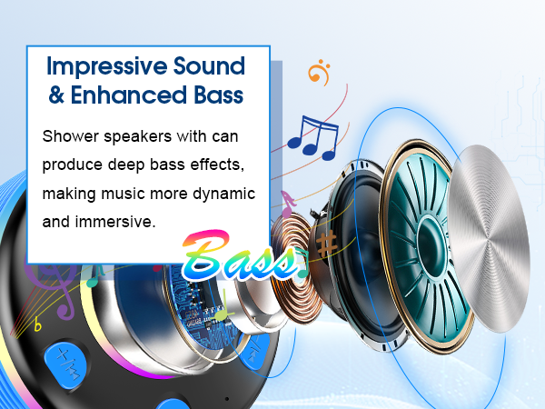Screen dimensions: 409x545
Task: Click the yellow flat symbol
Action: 37,324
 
